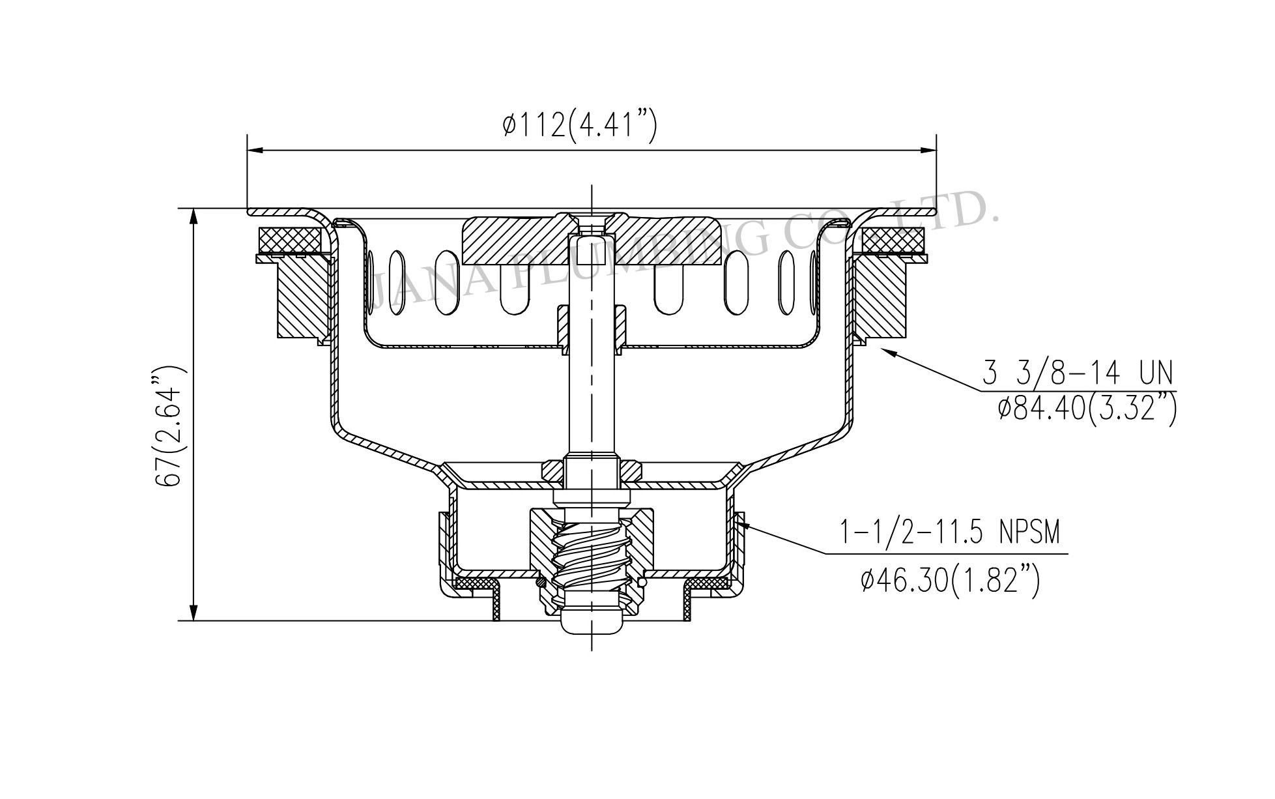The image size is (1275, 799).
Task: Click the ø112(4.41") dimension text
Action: (579, 124)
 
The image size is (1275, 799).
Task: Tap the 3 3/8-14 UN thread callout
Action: (1078, 375)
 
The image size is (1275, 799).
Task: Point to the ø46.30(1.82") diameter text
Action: (949, 579)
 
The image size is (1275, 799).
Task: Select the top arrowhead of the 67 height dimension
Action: (193, 217)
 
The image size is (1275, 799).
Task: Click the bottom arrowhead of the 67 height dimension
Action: (193, 613)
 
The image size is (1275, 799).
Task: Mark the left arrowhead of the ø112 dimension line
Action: (256, 151)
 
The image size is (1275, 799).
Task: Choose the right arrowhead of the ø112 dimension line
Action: (928, 151)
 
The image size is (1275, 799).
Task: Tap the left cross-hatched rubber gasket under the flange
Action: (290, 239)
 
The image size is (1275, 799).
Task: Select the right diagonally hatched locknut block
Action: (881, 298)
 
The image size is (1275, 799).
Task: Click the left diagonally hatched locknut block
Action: (301, 298)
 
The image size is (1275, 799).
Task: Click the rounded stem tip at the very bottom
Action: (591, 623)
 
